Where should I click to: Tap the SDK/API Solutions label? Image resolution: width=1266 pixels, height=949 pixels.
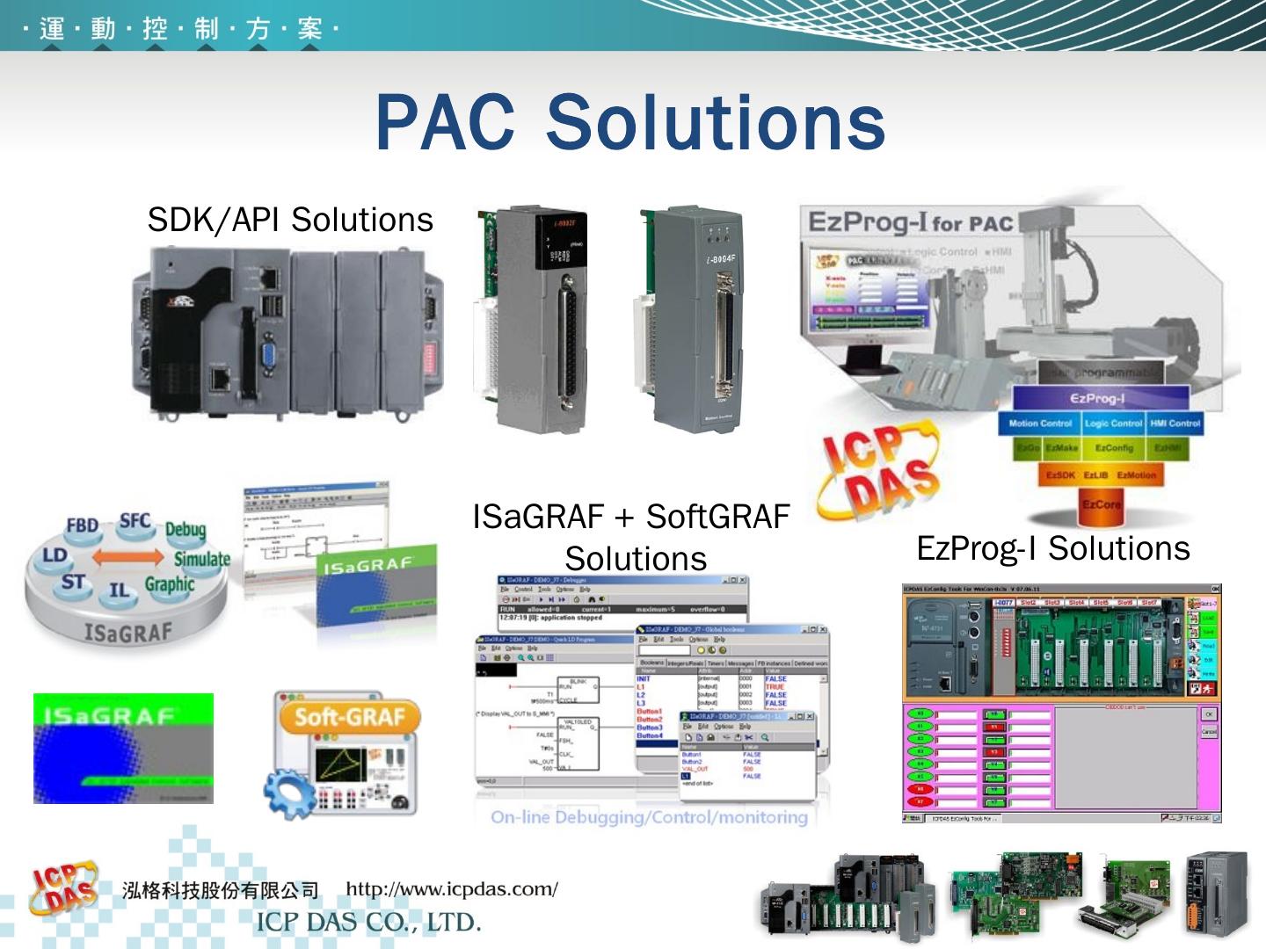point(290,220)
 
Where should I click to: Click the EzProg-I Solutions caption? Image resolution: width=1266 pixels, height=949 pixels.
point(1052,548)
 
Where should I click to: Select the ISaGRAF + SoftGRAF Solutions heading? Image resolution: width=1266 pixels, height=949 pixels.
point(631,537)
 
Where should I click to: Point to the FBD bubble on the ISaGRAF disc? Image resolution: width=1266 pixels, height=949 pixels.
point(82,526)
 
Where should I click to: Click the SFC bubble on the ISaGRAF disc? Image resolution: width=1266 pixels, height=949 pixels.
point(135,520)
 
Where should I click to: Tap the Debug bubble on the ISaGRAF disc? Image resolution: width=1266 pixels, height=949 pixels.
point(186,529)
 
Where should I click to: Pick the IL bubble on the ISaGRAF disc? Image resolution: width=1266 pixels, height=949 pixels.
point(119,590)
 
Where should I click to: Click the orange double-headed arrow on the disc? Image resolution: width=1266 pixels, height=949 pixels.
point(128,557)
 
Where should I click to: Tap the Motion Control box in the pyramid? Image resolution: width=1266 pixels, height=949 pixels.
point(1040,424)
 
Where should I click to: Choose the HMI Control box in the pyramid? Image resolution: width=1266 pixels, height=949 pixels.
point(1175,424)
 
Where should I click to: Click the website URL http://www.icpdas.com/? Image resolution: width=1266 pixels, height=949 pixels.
point(452,889)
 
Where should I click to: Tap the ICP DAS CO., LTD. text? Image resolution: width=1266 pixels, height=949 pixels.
point(368,923)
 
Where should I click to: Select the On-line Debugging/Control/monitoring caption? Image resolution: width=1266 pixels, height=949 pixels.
point(649,817)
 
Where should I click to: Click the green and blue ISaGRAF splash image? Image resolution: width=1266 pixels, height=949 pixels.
point(123,748)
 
